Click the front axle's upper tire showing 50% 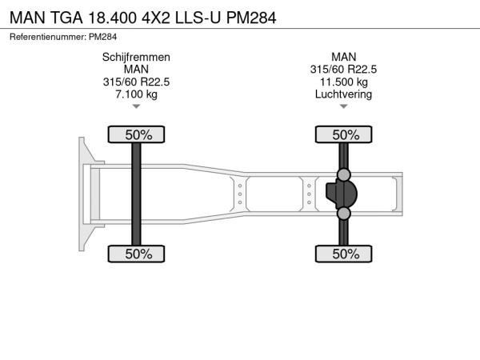coord(136,134)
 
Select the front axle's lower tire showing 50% coord(136,254)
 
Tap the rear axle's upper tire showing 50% coord(344,134)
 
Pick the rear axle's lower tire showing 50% coord(344,254)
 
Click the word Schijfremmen coord(136,58)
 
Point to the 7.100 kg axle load coord(136,94)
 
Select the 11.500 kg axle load coord(344,82)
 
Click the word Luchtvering coord(344,94)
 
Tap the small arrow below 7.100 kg coord(136,106)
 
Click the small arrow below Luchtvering coord(344,106)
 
